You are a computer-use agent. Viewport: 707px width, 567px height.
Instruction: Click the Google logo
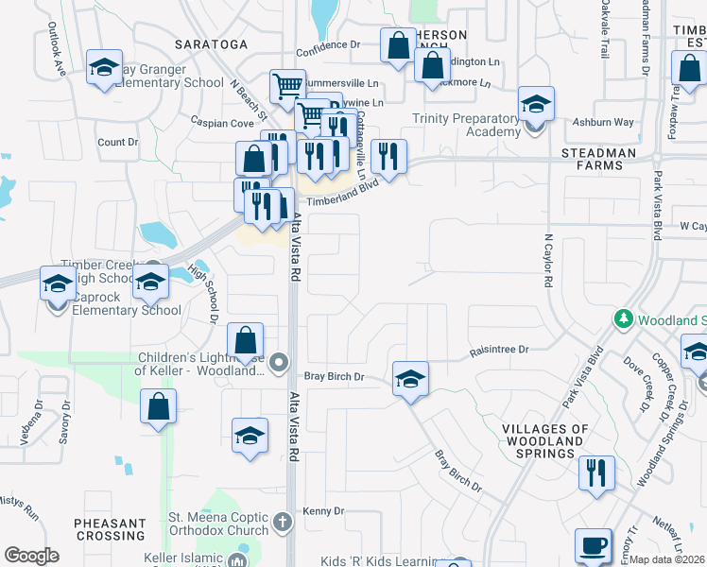[31, 556]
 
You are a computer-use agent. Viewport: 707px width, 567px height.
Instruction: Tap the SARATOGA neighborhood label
[212, 44]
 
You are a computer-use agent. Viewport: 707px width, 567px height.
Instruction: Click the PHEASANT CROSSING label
[111, 529]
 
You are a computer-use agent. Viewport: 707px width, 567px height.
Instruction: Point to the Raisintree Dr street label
[500, 350]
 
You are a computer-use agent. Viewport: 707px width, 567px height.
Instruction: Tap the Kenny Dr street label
[323, 511]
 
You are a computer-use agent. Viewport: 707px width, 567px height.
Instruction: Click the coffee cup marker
[593, 546]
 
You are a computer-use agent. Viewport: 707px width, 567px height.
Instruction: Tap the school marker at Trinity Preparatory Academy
[536, 104]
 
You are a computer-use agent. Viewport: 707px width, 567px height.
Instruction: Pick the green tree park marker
[623, 319]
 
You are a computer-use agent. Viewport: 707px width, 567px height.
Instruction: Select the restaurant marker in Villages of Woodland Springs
[595, 472]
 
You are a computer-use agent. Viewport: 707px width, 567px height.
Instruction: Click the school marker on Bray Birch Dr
[410, 379]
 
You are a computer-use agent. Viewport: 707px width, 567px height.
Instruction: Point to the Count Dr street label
[118, 143]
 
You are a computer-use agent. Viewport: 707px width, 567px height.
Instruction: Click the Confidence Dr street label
[328, 44]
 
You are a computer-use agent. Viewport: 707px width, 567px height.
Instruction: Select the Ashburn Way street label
[603, 122]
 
